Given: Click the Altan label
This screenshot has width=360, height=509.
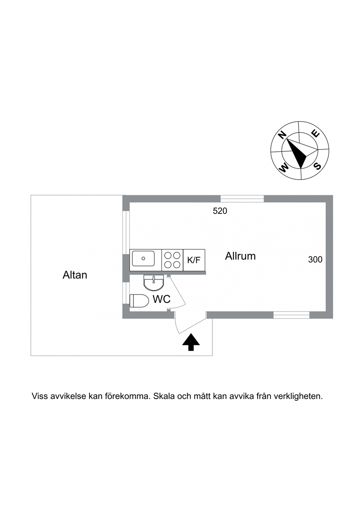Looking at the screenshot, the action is [x=75, y=275].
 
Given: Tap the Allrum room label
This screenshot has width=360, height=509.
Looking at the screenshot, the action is [x=240, y=256].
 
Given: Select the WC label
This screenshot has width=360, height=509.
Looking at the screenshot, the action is [x=161, y=299].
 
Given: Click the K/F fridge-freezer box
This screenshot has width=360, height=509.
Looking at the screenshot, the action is [x=194, y=260].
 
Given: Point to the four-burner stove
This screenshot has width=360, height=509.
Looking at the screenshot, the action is [x=172, y=260].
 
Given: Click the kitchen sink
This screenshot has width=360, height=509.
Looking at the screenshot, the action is [x=143, y=259].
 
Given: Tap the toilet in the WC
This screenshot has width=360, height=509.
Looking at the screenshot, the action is [x=139, y=301].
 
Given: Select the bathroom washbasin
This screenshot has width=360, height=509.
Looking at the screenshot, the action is [x=154, y=283].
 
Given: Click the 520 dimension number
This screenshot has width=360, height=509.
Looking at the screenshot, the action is [x=220, y=211].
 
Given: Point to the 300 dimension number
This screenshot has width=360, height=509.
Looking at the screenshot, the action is [x=315, y=259].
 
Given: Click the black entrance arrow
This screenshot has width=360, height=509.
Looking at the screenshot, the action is [x=191, y=342].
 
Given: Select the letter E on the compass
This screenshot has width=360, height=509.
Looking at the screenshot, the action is [x=316, y=134].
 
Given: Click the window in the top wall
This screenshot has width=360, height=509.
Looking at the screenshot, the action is [x=242, y=199].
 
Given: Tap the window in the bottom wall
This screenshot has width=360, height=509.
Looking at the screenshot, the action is [x=291, y=315].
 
